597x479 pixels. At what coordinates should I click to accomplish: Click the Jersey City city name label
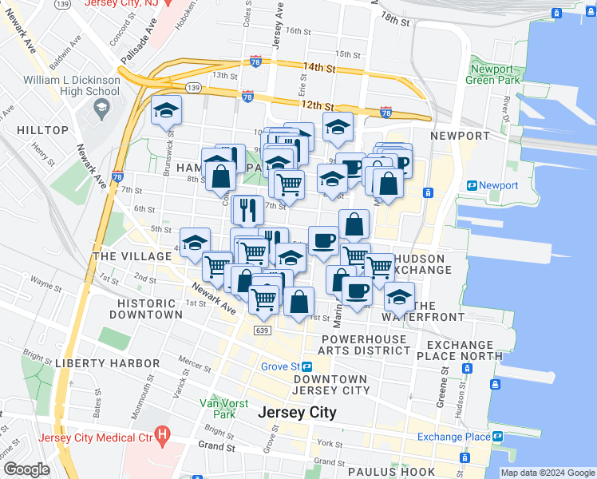tap(298, 413)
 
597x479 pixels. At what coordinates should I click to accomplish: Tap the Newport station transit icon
tap(472, 185)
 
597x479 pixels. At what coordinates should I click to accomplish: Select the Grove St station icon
tap(306, 366)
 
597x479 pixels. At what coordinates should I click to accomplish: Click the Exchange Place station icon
tap(498, 437)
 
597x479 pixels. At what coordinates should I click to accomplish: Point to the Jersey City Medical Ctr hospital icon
tap(163, 435)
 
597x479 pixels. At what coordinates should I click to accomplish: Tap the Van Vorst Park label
tap(217, 408)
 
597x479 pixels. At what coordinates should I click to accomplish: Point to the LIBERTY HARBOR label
tap(108, 363)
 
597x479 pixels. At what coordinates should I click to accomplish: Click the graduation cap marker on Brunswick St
tap(168, 110)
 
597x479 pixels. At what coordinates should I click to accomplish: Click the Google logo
tap(26, 469)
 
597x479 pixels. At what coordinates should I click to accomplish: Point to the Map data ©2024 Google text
tap(548, 473)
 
